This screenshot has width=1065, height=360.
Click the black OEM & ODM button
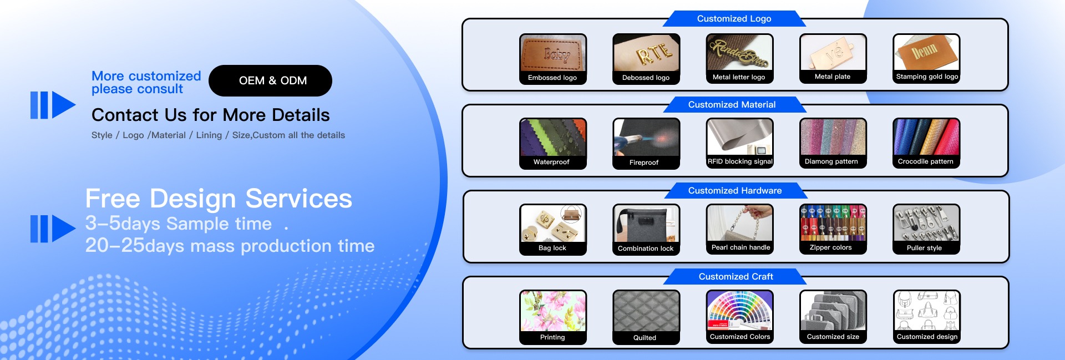(x=270, y=80)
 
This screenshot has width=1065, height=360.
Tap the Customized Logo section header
(x=734, y=18)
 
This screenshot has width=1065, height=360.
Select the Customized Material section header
(x=732, y=104)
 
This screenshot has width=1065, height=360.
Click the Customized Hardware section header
(x=735, y=190)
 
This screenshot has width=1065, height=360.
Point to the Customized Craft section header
(x=736, y=276)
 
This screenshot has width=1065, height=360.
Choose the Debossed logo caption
(x=646, y=78)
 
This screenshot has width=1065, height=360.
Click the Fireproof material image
(x=646, y=138)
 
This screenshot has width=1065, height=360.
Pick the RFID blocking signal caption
(x=740, y=161)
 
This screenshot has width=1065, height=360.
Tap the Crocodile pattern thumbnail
(x=926, y=137)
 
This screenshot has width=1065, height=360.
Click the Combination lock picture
(x=646, y=224)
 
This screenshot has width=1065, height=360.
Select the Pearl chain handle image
(x=739, y=223)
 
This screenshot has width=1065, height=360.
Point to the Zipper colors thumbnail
(x=833, y=223)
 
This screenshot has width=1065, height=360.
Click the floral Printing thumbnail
(x=553, y=311)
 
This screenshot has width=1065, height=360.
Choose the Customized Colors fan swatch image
(x=739, y=310)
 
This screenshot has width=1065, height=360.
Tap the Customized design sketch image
(x=926, y=310)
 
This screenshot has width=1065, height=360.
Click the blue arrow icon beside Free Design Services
(x=53, y=229)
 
